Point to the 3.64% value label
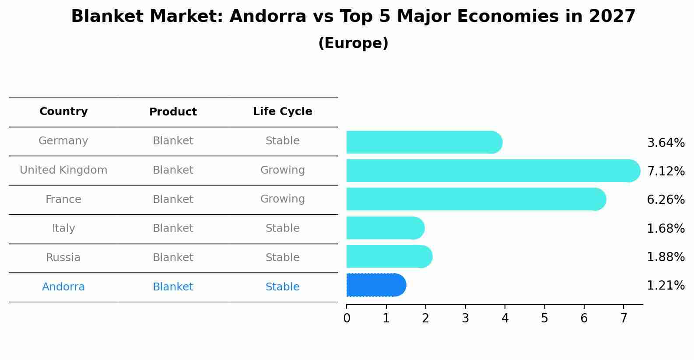666,143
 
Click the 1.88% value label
666,257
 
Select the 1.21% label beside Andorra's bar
666,286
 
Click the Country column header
63,112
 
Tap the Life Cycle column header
282,112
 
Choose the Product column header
173,112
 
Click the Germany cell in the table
63,141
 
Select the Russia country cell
63,258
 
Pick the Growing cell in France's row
282,199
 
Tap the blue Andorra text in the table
63,287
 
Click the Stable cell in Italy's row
282,228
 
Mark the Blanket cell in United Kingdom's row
173,170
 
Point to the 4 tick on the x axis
505,318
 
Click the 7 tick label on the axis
624,318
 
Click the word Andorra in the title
267,17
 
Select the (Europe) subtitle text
353,43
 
